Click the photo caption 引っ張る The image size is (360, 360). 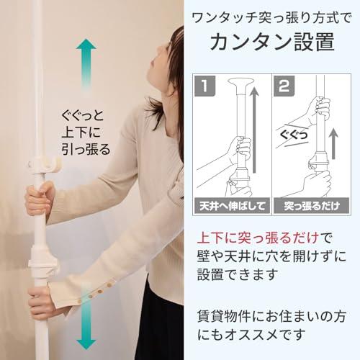coord(86,150)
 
